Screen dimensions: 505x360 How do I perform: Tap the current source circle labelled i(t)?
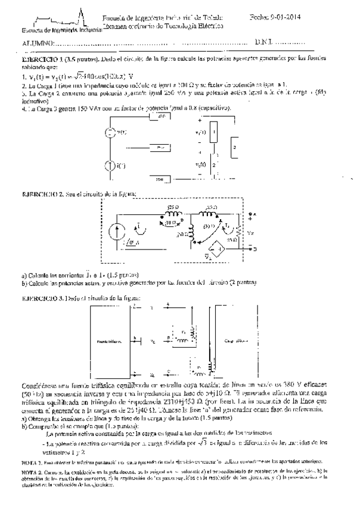110,164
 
